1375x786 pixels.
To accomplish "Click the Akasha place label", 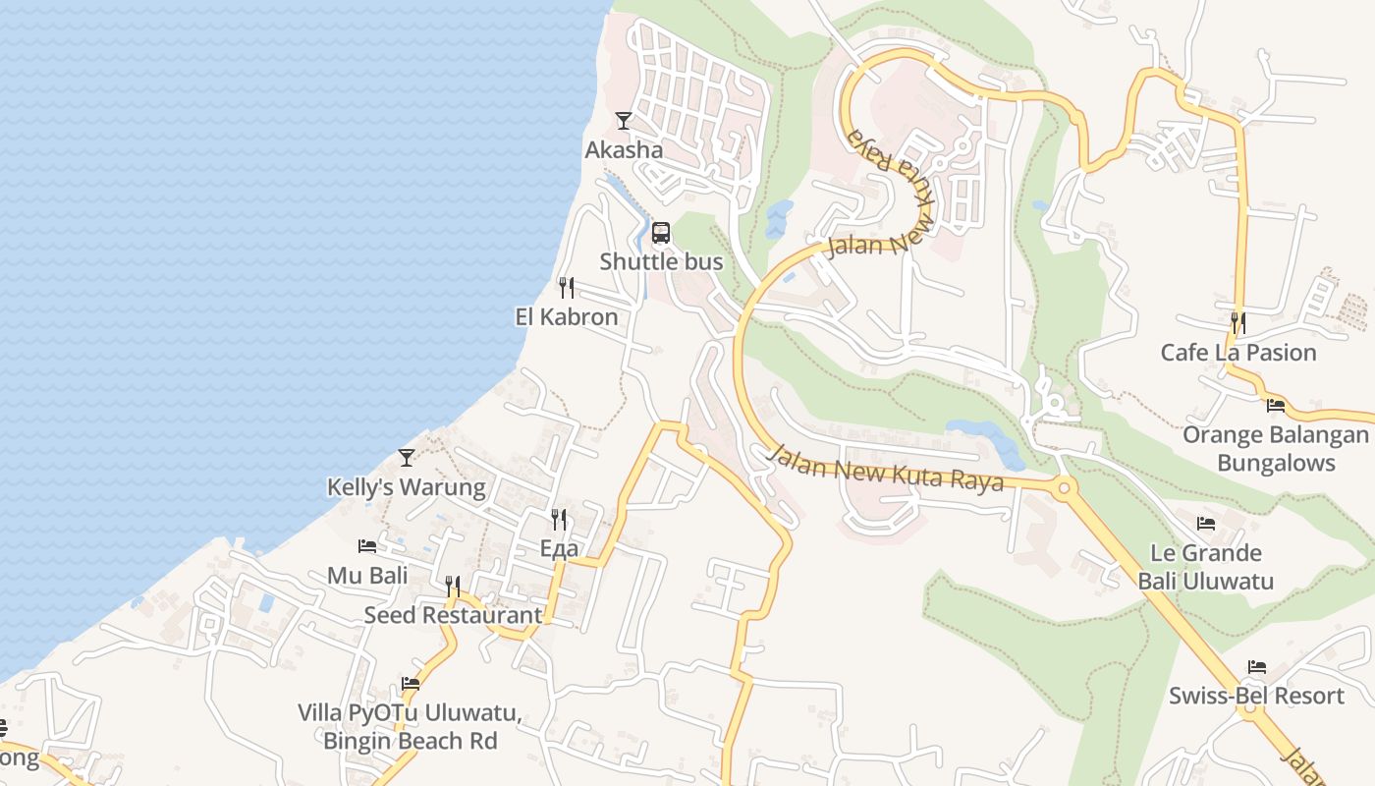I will [x=624, y=150].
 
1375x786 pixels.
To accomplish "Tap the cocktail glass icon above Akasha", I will [x=623, y=121].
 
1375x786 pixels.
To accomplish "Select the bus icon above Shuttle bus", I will [x=661, y=233].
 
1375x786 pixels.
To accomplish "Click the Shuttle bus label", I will [x=661, y=261].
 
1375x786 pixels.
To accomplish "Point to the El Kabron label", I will [x=567, y=316].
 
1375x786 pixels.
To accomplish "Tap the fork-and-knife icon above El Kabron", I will [x=567, y=288].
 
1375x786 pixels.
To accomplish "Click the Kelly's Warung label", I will [x=406, y=486].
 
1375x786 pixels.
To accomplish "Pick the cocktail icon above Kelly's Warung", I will [x=406, y=458].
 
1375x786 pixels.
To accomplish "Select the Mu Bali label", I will [x=367, y=575].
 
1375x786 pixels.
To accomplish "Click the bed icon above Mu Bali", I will [x=367, y=545].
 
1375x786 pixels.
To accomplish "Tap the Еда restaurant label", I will [x=559, y=548].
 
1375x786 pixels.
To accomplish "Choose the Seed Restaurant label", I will [x=453, y=615].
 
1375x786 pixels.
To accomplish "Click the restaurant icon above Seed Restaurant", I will [x=453, y=587].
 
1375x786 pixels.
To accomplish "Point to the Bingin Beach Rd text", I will [x=411, y=741].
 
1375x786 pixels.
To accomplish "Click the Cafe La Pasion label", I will [x=1238, y=352].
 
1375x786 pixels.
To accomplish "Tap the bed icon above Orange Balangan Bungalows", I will [x=1276, y=404].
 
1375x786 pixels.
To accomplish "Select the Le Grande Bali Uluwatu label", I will [x=1206, y=567].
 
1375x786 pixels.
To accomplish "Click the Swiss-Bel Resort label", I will [x=1256, y=696].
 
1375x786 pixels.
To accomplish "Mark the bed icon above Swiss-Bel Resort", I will [x=1256, y=667].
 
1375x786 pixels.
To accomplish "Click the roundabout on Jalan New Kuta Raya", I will [x=1064, y=486].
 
